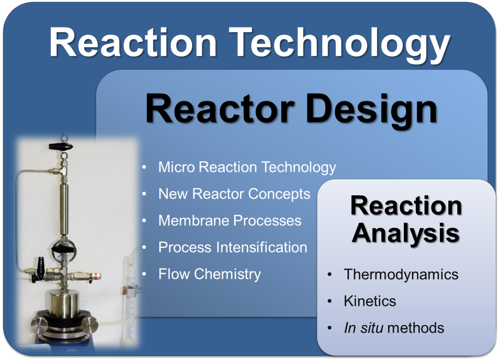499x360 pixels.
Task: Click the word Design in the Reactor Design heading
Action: pyautogui.click(x=372, y=111)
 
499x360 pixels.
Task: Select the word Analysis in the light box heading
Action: pyautogui.click(x=405, y=234)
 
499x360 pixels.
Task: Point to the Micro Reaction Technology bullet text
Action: pyautogui.click(x=247, y=168)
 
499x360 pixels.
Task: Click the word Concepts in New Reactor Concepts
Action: pyautogui.click(x=279, y=194)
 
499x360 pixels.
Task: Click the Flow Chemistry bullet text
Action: pyautogui.click(x=210, y=274)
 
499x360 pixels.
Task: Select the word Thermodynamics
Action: pyautogui.click(x=401, y=274)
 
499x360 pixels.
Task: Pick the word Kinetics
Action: pyautogui.click(x=370, y=301)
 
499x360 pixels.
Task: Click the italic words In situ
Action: pyautogui.click(x=363, y=328)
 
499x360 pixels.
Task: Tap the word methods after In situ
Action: pyautogui.click(x=416, y=328)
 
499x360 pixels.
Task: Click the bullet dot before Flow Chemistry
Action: pyautogui.click(x=144, y=274)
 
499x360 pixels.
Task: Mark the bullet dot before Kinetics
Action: pyautogui.click(x=330, y=301)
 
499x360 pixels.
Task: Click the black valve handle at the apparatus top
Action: pyautogui.click(x=61, y=146)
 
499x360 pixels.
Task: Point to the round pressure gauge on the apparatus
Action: pyautogui.click(x=64, y=249)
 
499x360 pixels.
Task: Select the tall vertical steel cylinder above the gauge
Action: pyautogui.click(x=64, y=210)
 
